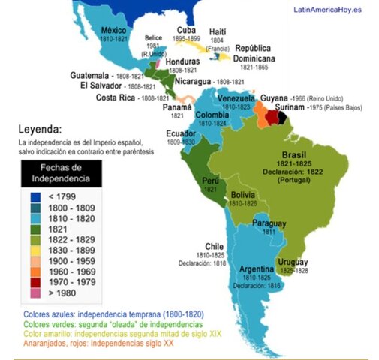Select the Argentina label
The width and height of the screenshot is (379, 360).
pos(257,268)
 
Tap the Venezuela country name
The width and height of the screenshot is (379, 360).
pos(237,98)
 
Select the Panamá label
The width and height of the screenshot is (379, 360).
pos(178,107)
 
